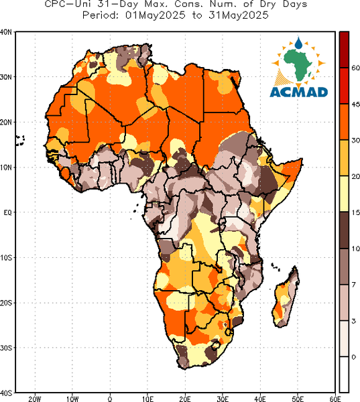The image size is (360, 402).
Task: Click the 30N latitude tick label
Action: pyautogui.click(x=6, y=77)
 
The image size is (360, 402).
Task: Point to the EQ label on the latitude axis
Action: pyautogui.click(x=7, y=212)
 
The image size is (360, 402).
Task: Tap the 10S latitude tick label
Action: pyautogui.click(x=6, y=257)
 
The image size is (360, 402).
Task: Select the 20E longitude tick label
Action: pyautogui.click(x=185, y=399)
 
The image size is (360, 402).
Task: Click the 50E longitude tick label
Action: pyautogui.click(x=298, y=399)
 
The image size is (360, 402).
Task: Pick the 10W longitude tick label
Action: pyautogui.click(x=72, y=399)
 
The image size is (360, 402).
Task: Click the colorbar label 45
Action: pyautogui.click(x=355, y=105)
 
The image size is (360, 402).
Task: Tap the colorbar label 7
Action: pyautogui.click(x=354, y=285)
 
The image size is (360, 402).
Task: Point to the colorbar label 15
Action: pyautogui.click(x=355, y=212)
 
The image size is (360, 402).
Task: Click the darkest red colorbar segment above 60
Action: pyautogui.click(x=344, y=50)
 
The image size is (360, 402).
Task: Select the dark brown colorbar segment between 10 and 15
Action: pyautogui.click(x=344, y=230)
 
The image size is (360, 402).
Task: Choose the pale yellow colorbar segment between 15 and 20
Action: pyautogui.click(x=344, y=194)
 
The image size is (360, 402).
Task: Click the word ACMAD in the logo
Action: pyautogui.click(x=299, y=92)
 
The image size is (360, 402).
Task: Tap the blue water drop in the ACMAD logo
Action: pyautogui.click(x=298, y=44)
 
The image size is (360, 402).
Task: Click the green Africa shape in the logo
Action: pyautogui.click(x=298, y=64)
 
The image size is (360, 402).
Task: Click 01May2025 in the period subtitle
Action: pyautogui.click(x=156, y=15)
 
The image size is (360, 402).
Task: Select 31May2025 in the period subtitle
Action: pyautogui.click(x=239, y=15)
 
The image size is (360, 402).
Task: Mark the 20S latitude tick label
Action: pyautogui.click(x=6, y=303)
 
